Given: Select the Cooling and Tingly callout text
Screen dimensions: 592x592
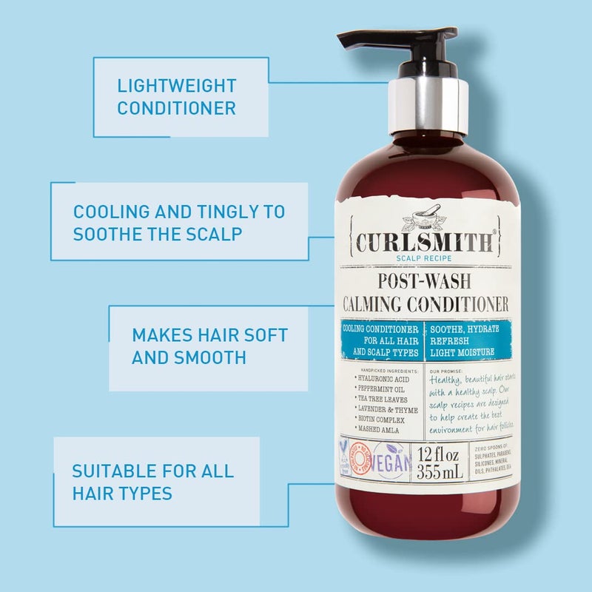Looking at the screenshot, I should coord(178,221).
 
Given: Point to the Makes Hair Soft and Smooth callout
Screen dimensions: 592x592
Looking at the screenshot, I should coord(209,346).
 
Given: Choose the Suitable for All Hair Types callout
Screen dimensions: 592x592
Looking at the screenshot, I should coord(152,481).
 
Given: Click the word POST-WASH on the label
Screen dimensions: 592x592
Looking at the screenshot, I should coord(425,282).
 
